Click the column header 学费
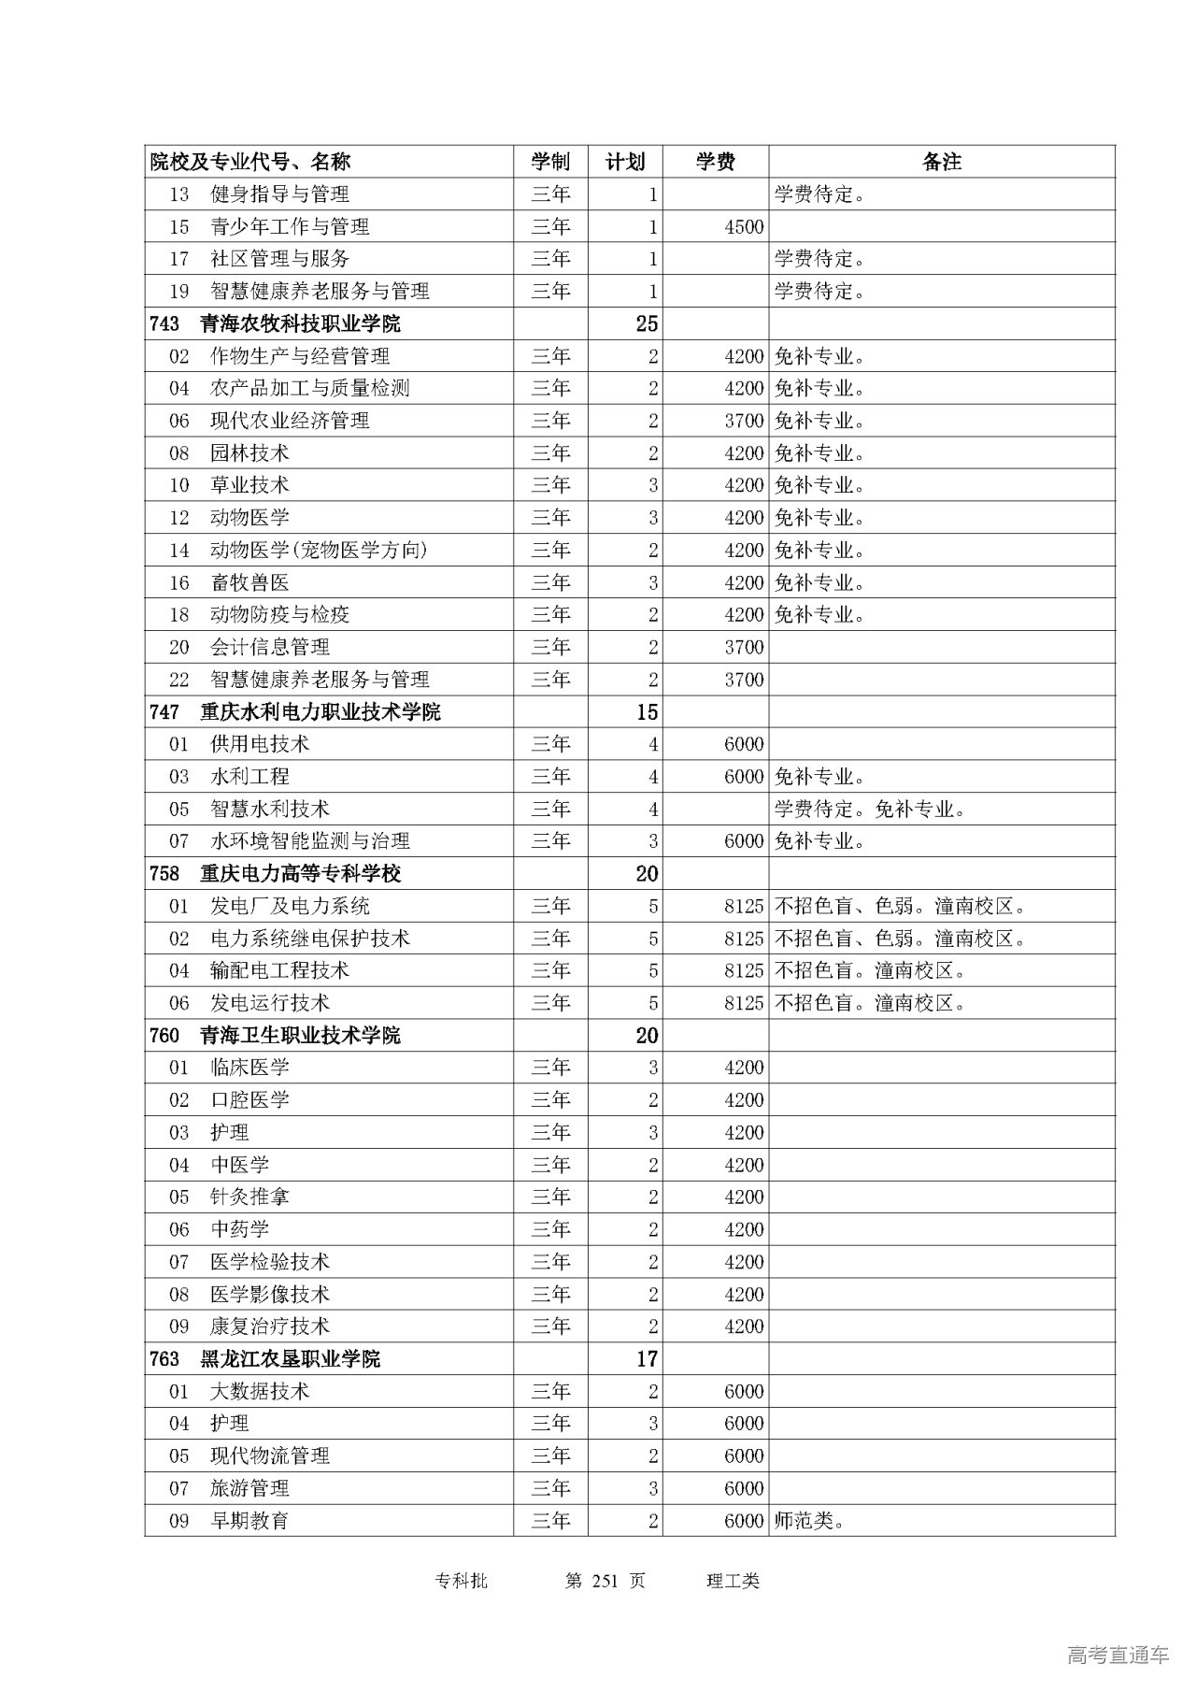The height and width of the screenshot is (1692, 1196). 715,162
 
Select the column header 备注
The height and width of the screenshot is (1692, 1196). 941,162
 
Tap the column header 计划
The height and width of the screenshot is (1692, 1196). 624,162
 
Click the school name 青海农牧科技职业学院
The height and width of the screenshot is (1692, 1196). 299,323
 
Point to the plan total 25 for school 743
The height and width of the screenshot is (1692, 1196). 647,323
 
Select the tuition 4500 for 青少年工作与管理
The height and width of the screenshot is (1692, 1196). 744,226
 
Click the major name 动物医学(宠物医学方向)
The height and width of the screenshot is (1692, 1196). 319,550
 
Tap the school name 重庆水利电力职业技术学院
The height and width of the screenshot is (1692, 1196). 320,711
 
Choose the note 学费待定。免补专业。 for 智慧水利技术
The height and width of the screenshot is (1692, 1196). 869,809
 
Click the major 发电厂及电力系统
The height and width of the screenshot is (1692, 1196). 290,906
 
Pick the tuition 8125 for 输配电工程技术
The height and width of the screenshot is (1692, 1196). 744,970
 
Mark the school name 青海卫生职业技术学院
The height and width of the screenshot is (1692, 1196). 299,1035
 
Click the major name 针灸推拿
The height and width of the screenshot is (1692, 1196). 249,1197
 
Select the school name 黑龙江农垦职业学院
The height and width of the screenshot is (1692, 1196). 290,1358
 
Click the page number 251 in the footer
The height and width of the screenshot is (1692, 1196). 606,1581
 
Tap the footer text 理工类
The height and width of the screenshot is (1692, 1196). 733,1581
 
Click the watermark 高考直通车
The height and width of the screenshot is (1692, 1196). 1117,1656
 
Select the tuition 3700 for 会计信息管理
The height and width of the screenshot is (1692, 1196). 744,647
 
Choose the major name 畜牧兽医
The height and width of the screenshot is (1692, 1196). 249,582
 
